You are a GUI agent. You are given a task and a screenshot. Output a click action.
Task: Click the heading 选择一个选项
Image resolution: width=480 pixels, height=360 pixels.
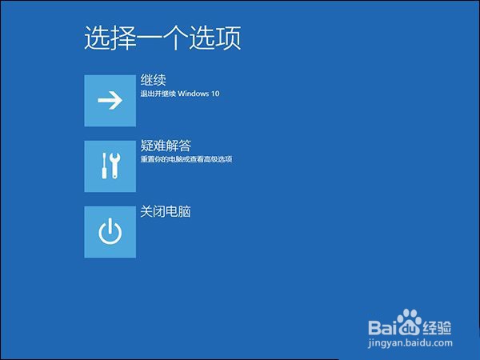point(162,38)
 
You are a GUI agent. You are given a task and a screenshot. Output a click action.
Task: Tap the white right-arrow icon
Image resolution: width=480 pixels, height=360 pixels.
point(110,100)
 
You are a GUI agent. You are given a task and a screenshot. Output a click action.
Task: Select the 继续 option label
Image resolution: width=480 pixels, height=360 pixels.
point(153,80)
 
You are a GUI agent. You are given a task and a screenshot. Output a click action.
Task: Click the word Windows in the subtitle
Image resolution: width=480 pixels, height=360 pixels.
point(193,94)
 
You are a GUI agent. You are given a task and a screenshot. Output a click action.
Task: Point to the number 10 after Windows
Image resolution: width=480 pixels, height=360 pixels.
point(215,94)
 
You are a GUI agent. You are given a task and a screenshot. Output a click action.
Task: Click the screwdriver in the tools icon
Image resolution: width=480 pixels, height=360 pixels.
point(104,166)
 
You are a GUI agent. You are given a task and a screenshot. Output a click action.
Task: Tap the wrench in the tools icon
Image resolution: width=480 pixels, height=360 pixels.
point(115,166)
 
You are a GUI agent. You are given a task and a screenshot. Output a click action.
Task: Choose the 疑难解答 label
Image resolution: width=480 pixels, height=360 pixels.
point(166,146)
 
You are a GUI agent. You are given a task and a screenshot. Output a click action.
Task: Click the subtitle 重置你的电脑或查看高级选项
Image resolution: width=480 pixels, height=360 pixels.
point(186,159)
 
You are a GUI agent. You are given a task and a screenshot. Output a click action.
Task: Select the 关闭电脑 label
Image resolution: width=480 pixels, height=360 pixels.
point(166,211)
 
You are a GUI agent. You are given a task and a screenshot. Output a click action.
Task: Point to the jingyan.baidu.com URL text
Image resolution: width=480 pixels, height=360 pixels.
point(410,343)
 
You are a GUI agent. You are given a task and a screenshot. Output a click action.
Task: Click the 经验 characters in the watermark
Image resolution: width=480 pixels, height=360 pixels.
point(437,327)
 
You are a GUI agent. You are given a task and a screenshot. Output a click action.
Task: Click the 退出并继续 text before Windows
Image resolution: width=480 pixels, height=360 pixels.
point(158,94)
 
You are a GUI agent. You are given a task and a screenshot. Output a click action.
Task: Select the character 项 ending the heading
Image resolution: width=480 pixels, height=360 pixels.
point(228,38)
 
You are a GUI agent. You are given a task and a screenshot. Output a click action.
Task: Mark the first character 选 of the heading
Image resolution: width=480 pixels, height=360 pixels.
point(97,38)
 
